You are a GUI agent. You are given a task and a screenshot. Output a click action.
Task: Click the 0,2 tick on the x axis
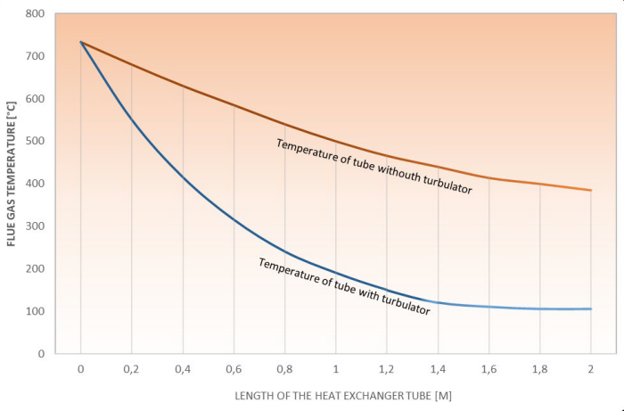tap(132, 368)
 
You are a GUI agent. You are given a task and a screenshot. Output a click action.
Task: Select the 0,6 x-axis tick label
tap(234, 368)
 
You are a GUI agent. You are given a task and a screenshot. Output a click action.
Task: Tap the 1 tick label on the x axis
tap(335, 368)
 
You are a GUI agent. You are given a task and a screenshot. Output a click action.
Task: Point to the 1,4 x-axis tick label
tap(438, 368)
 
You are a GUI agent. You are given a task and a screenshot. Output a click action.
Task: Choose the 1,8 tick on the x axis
tap(539, 368)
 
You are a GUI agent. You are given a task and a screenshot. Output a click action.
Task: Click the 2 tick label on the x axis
tap(590, 368)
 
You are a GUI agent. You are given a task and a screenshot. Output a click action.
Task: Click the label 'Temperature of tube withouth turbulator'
tap(374, 167)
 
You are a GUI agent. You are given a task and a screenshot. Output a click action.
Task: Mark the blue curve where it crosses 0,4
tap(183, 177)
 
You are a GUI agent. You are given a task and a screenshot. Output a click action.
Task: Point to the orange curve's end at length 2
tap(590, 190)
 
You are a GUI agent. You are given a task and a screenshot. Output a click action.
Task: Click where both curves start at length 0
tap(81, 42)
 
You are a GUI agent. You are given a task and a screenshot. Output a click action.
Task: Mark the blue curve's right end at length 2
tap(590, 308)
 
